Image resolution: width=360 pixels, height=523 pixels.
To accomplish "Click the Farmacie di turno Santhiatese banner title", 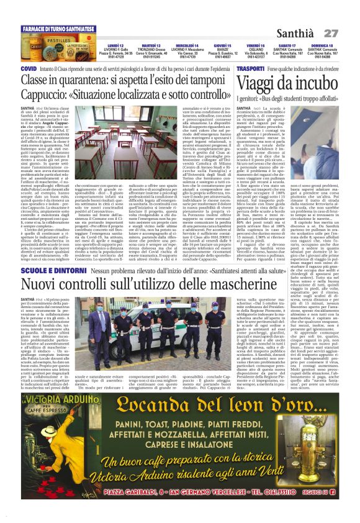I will [x=58, y=29].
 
